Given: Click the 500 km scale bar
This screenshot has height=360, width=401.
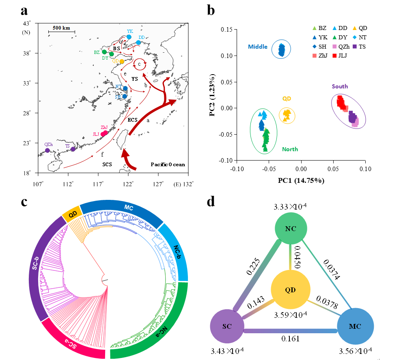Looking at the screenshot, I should pos(61,31).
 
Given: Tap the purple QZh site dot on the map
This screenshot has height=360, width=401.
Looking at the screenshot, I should pos(47,150).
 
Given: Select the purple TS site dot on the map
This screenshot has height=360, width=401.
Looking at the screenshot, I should pos(73,149).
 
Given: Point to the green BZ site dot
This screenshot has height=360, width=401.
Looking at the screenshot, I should pos(104,52).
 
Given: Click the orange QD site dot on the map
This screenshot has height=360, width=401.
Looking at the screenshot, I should pos(122,61).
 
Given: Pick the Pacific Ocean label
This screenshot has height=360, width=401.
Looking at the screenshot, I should pos(168,164).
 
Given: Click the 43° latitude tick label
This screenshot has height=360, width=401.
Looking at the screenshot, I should pos(27,24).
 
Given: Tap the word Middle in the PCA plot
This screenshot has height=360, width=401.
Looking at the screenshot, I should pos(258,47).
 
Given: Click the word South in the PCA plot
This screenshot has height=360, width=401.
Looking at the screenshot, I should pos(340,86).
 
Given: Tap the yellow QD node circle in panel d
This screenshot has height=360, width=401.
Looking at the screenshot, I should pos(290,289).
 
